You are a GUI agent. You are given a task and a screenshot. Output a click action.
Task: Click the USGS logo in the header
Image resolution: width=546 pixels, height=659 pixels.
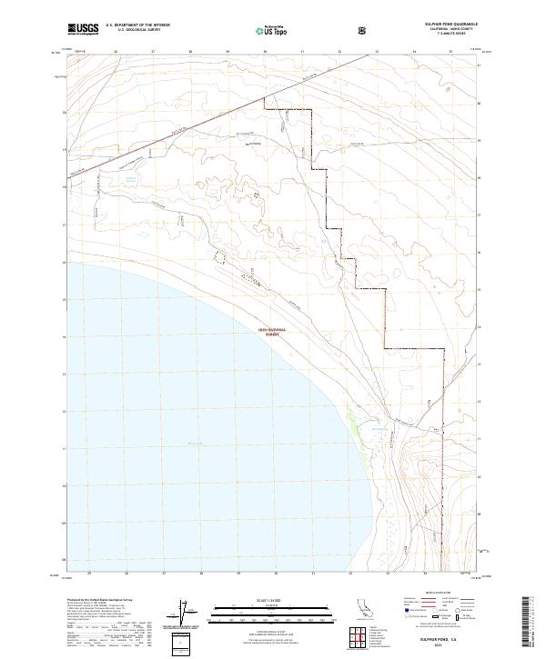coord(83,29)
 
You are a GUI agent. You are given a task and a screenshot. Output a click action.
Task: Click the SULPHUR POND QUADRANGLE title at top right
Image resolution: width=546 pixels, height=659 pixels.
coord(445,23)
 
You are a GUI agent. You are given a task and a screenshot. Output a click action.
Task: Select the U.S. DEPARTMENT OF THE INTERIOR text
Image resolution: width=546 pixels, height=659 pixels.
coord(137,25)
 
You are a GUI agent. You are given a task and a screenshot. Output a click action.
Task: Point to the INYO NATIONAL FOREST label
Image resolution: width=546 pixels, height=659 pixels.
coord(276,331)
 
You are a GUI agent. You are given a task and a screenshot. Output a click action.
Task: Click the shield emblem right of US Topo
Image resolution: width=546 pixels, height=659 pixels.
coord(363,29)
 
